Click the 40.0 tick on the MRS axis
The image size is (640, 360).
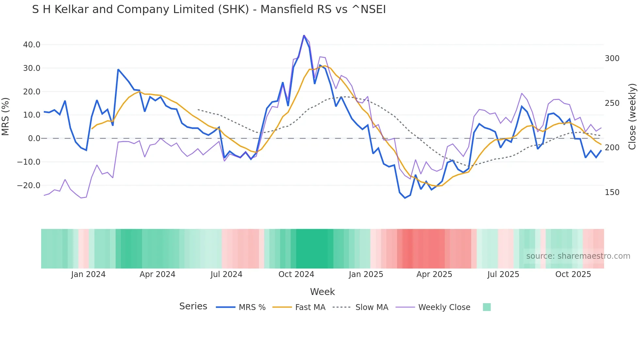tap(31, 45)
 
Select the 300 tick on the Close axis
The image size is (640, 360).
tap(612, 58)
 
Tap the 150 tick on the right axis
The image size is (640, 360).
tap(612, 192)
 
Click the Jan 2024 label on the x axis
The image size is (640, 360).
tap(88, 274)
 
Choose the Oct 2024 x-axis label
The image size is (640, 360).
tap(296, 274)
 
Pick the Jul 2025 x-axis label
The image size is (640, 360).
tap(503, 274)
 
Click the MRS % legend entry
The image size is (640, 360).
tap(252, 307)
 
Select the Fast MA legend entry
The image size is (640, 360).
tap(310, 307)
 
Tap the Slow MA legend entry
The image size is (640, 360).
tap(372, 307)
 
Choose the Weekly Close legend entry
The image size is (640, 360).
tap(444, 307)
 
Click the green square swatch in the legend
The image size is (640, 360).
tap(487, 307)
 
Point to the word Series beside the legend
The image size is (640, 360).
tap(193, 306)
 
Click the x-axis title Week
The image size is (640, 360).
tap(322, 292)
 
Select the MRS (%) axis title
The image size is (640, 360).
tap(6, 117)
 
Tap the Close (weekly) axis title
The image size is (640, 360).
tap(632, 117)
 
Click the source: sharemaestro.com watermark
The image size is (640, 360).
tap(578, 256)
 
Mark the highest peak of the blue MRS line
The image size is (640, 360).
tap(304, 35)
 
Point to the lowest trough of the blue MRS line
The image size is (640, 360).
tap(405, 198)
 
